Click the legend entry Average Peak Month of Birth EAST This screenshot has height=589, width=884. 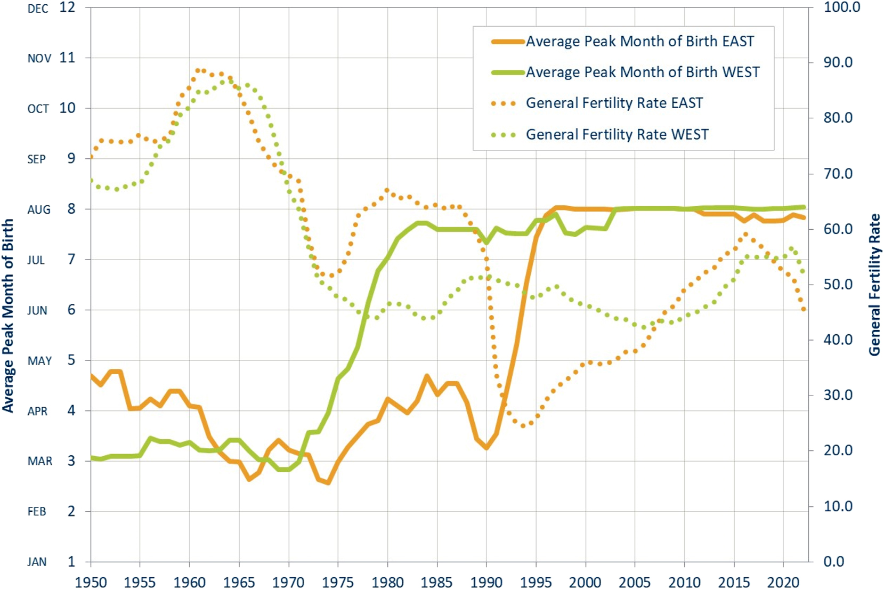click(639, 42)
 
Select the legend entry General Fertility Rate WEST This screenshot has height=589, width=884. click(617, 134)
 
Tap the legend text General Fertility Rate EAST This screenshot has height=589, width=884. click(614, 103)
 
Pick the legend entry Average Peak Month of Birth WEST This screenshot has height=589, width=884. click(642, 72)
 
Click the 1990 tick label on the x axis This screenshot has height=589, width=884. click(486, 582)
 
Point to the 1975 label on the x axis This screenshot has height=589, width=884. click(338, 582)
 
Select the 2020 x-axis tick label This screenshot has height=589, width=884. click(783, 582)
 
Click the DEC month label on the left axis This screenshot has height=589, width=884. click(38, 9)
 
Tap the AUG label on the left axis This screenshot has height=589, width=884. click(39, 209)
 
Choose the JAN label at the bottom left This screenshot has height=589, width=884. click(37, 562)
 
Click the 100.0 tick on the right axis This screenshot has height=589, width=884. click(842, 7)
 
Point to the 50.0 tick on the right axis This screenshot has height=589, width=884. click(839, 284)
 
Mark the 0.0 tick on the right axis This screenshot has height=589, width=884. click(834, 561)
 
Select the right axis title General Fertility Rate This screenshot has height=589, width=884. click(874, 285)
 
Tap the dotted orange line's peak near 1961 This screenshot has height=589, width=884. click(199, 70)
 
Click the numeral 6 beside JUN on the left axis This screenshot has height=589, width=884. click(71, 310)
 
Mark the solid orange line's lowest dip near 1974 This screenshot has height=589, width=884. click(328, 483)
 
